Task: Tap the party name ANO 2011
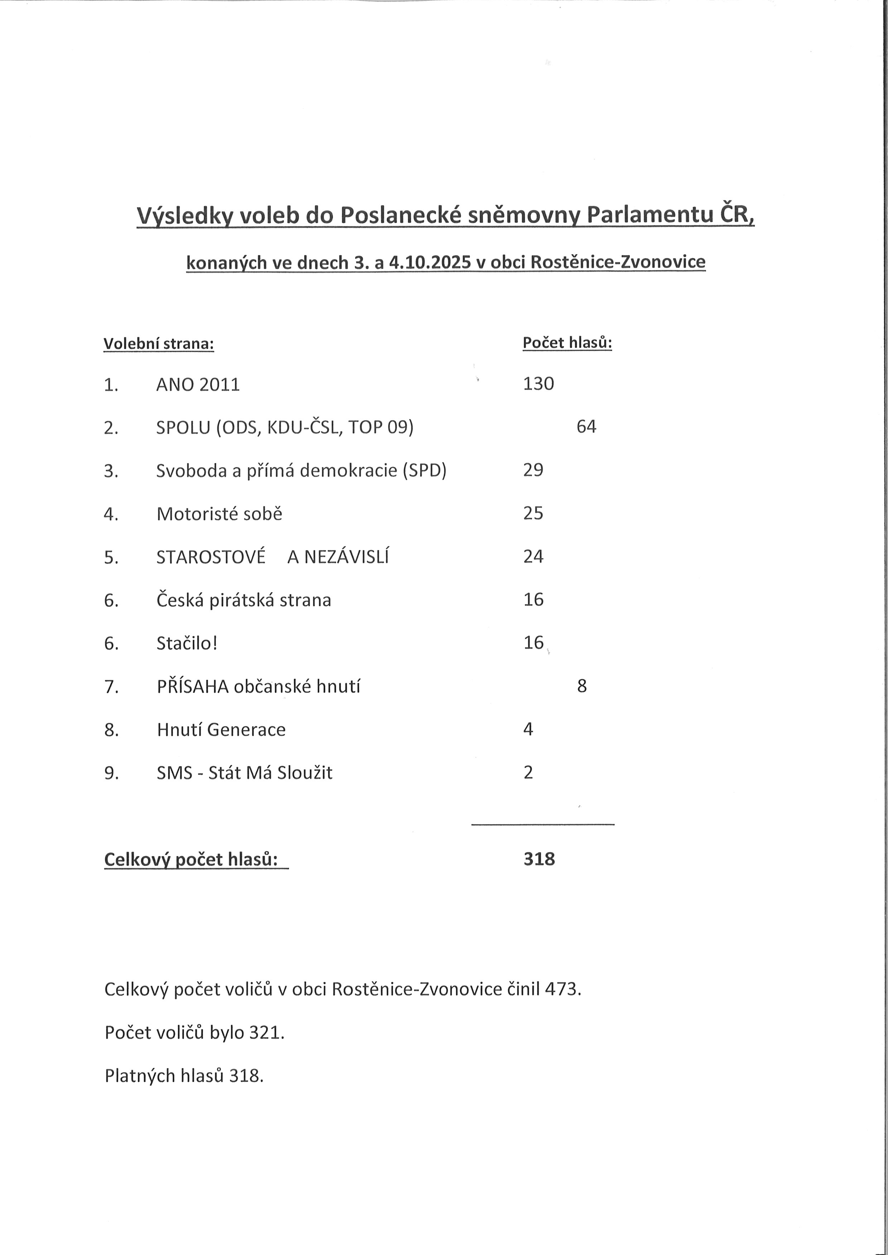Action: pos(198,385)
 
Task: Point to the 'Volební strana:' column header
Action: pos(159,344)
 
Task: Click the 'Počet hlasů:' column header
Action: pos(567,343)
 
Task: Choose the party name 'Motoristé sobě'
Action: pos(219,514)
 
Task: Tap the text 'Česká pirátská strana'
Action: pos(243,600)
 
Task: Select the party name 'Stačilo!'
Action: pos(187,643)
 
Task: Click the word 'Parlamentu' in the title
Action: pos(650,215)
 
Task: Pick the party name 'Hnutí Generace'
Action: pos(221,730)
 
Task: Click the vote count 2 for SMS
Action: pos(528,772)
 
